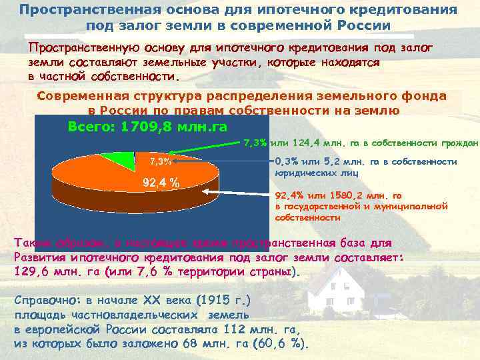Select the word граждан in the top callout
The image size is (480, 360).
(x=459, y=143)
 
